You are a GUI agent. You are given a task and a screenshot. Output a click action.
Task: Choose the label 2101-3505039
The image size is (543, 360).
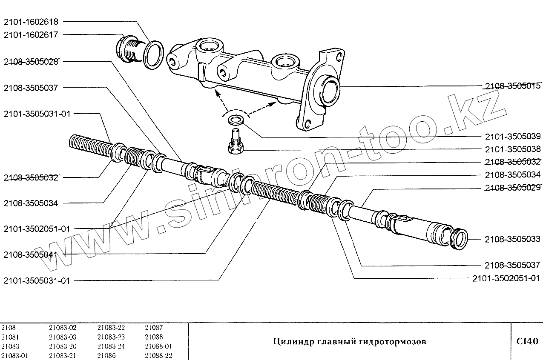point(512,137)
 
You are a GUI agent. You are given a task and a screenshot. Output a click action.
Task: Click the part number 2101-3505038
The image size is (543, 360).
point(512,149)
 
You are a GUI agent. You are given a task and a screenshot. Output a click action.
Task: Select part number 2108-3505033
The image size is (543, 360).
point(512,240)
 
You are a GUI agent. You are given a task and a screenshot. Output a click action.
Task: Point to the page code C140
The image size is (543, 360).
point(527,341)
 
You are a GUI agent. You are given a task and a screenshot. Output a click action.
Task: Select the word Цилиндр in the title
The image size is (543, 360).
point(288,342)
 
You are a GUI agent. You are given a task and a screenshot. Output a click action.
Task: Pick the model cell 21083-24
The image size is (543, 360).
point(111,346)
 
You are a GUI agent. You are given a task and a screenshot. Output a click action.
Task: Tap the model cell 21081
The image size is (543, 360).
point(10,337)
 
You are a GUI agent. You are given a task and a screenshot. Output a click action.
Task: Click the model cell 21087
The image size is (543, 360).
point(154,328)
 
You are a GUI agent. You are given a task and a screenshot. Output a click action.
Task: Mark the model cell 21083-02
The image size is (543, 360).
point(63,328)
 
